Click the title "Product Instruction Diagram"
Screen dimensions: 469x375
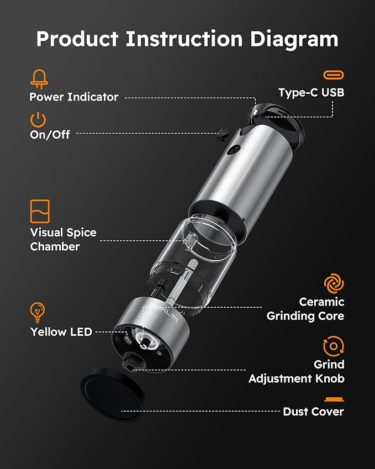(187, 39)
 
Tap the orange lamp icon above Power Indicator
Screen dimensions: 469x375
(39, 78)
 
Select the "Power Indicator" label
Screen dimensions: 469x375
(74, 97)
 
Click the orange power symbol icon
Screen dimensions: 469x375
(38, 119)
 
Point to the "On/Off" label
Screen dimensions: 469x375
(50, 134)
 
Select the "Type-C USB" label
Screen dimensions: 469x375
(311, 92)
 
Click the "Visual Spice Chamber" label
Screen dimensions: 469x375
(63, 239)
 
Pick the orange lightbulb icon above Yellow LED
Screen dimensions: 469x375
(38, 313)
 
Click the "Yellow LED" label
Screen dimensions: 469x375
(61, 332)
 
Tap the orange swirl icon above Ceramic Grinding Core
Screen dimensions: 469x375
(334, 284)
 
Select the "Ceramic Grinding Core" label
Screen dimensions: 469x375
(305, 309)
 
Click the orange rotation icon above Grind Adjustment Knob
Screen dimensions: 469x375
(334, 347)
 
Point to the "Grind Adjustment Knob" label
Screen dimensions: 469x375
(297, 371)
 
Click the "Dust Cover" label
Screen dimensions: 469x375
(313, 412)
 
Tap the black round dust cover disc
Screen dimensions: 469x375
(112, 394)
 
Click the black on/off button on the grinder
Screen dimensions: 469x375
(223, 133)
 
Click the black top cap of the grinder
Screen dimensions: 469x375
(278, 120)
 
